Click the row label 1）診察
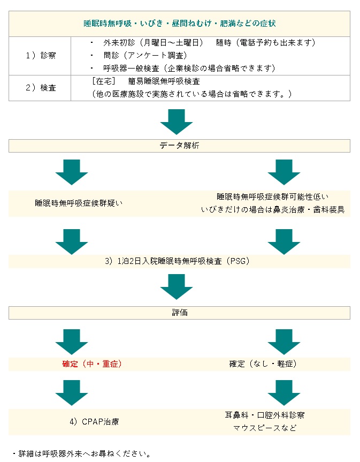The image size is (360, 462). point(41,55)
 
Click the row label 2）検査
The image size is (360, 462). point(41,87)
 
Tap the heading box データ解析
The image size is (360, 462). point(179,146)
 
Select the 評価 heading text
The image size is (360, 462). point(180,313)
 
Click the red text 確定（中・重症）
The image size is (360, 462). point(92,364)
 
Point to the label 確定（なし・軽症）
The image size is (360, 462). point(263,364)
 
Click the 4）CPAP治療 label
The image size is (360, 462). point(94,422)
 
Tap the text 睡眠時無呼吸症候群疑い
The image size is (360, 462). point(79,203)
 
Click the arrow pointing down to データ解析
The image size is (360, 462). point(177,122)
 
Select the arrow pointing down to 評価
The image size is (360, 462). point(177,286)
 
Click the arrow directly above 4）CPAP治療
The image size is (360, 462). point(72,392)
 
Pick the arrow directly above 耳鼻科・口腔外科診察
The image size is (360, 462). point(284,392)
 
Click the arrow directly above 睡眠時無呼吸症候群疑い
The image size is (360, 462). point(72,172)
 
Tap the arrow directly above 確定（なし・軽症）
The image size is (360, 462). point(284,342)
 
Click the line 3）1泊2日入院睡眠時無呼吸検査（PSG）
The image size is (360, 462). point(177,261)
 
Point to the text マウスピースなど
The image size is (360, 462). point(265,428)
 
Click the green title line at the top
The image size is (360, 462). point(180,24)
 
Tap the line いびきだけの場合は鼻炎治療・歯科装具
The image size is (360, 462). point(273,210)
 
